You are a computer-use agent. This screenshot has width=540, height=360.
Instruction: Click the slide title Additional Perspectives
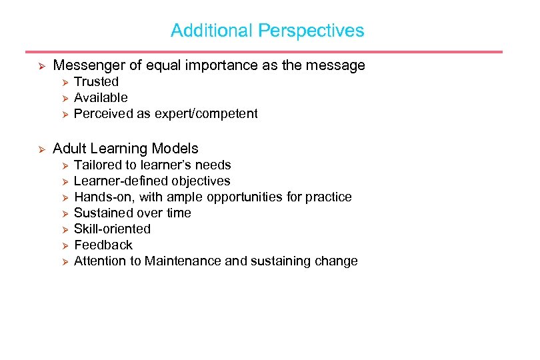click(267, 31)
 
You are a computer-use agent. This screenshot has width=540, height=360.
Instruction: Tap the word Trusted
click(96, 82)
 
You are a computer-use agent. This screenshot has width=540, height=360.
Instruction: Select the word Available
click(101, 98)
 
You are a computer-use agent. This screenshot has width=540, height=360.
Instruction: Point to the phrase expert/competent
click(206, 114)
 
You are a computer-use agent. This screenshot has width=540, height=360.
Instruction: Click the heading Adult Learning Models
click(125, 149)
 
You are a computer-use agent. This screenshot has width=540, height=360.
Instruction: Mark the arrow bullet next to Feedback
click(65, 246)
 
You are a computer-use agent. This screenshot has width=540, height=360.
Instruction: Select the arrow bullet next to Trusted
click(65, 83)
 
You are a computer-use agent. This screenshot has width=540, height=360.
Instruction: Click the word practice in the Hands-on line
click(329, 197)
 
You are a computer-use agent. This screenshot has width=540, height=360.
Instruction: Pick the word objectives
click(201, 181)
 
